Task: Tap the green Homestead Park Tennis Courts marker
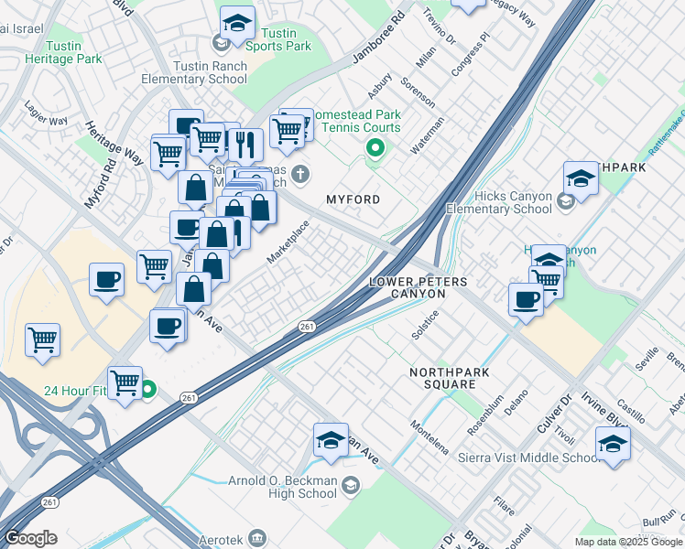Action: pyautogui.click(x=374, y=147)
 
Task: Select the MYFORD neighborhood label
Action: pyautogui.click(x=353, y=199)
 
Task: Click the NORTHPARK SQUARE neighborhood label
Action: pyautogui.click(x=449, y=379)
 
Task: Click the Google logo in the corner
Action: pyautogui.click(x=30, y=538)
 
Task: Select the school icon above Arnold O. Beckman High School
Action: pyautogui.click(x=331, y=440)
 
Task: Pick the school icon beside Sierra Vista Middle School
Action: pyautogui.click(x=612, y=446)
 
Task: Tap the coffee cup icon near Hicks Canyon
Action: pyautogui.click(x=527, y=300)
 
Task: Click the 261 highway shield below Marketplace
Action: pyautogui.click(x=307, y=327)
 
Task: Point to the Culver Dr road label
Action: pyautogui.click(x=554, y=414)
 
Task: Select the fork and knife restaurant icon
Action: pyautogui.click(x=245, y=145)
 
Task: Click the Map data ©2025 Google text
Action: pyautogui.click(x=628, y=542)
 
